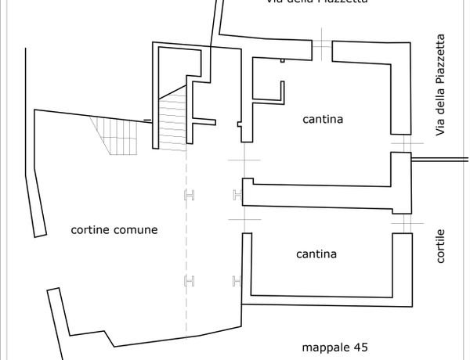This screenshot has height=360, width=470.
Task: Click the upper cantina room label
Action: coord(323,120)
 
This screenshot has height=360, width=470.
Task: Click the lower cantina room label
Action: coord(316,254)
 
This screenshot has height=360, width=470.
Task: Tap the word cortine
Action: coord(89,230)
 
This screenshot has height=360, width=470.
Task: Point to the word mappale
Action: coord(324,347)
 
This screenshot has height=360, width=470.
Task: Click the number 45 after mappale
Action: coord(360,347)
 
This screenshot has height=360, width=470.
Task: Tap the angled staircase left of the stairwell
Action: coord(117,135)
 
